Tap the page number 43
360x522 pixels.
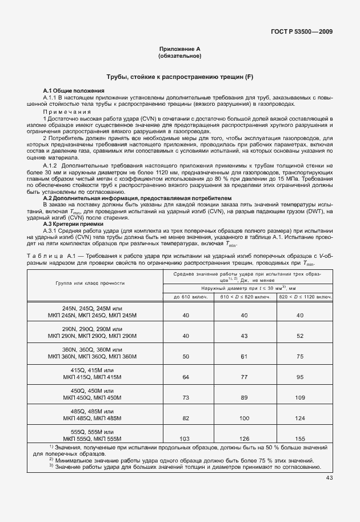coord(329,478)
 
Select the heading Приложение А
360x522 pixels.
coord(179,50)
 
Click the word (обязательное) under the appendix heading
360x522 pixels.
coord(179,57)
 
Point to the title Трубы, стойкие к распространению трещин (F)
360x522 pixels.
coord(179,77)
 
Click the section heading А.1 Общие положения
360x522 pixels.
coord(74,91)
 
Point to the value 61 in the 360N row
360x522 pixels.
coord(245,356)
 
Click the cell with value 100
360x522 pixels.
coord(245,418)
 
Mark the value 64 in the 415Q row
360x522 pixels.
coord(185,377)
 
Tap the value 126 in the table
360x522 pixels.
coord(245,439)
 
